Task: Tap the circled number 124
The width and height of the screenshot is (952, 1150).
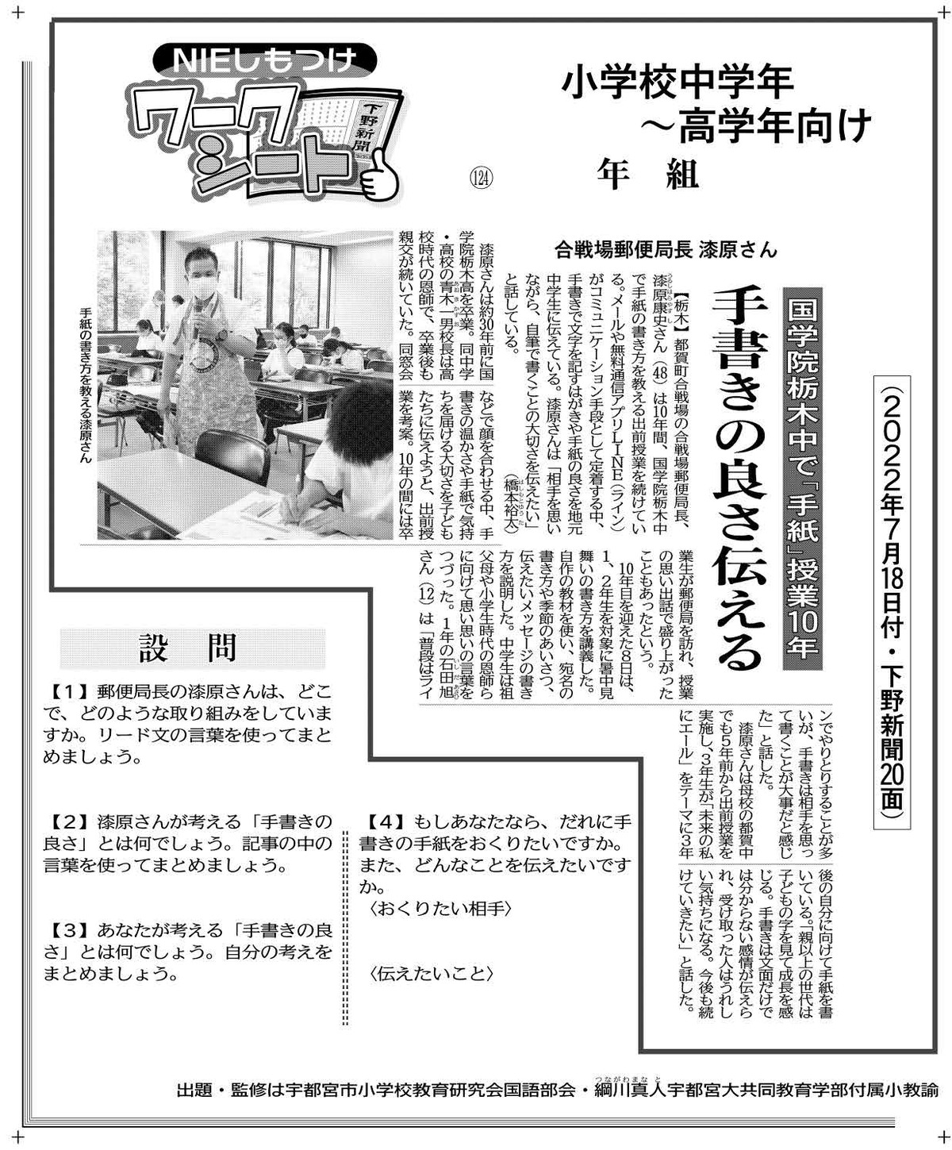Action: pyautogui.click(x=481, y=178)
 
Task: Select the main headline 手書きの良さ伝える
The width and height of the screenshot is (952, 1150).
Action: pyautogui.click(x=739, y=479)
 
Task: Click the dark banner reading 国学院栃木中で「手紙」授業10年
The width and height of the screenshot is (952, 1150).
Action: pyautogui.click(x=802, y=479)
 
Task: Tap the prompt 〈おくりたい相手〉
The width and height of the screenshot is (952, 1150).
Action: pyautogui.click(x=441, y=909)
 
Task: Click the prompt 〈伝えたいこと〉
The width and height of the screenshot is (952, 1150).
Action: pyautogui.click(x=432, y=974)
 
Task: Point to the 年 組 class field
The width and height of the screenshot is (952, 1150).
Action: pyautogui.click(x=648, y=175)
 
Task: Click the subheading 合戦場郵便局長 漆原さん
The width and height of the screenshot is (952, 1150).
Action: pyautogui.click(x=666, y=251)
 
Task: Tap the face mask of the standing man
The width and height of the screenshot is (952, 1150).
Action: pyautogui.click(x=202, y=287)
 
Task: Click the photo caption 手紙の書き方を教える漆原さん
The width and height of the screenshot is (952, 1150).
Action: pyautogui.click(x=86, y=385)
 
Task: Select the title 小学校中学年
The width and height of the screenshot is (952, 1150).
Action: pyautogui.click(x=678, y=83)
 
